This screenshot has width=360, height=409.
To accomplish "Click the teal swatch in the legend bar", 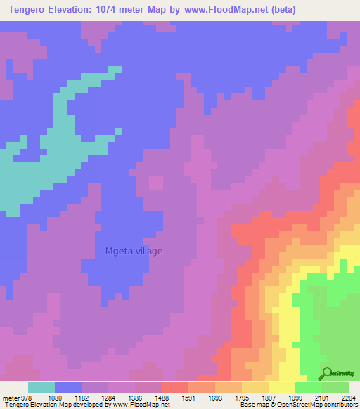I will point(41,387).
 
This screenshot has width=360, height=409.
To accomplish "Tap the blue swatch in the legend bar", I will point(68,387).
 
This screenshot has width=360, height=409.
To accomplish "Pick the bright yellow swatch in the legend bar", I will point(281,387).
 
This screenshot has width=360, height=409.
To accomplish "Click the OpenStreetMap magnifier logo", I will point(326,375).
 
